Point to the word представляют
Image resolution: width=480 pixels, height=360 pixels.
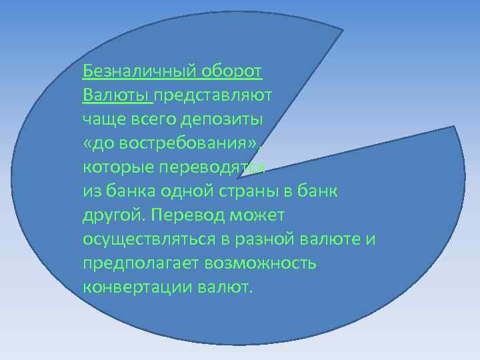coord(213,95)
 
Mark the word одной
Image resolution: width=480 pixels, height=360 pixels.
coord(193,192)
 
